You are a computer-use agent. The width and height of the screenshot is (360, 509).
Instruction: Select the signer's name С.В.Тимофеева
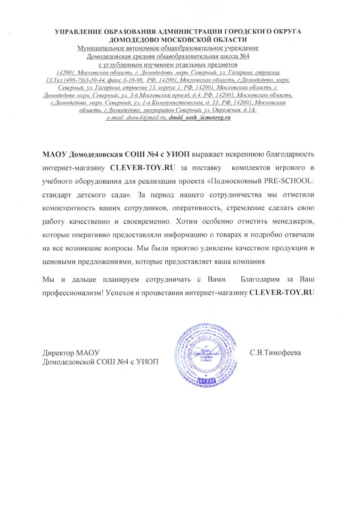point(275,353)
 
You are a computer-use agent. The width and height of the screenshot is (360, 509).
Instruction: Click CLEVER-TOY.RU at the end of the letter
point(281,293)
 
